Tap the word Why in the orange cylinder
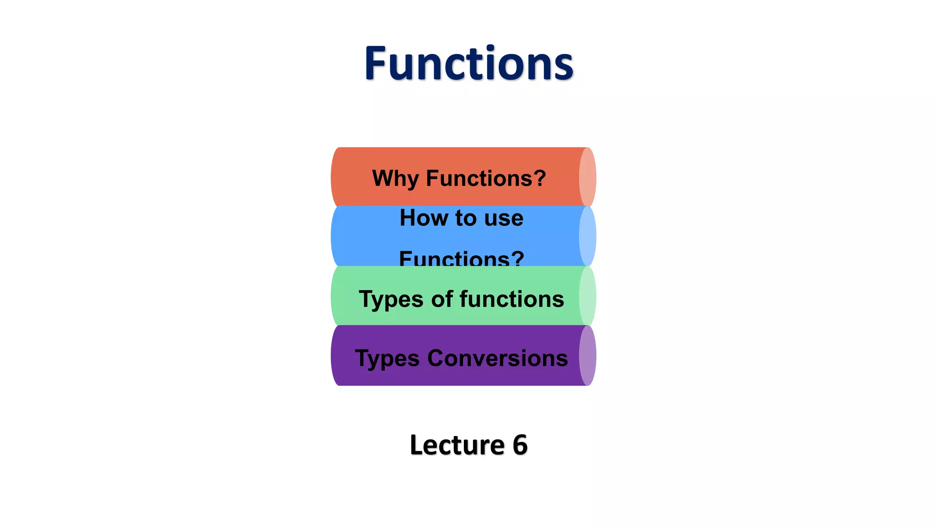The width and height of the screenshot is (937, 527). coord(395,178)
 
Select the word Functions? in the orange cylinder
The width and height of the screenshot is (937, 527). coord(486,178)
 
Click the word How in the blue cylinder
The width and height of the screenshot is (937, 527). coord(424,218)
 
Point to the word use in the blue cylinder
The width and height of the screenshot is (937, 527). coord(504,218)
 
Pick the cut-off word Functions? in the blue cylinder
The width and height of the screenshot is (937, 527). coord(461,258)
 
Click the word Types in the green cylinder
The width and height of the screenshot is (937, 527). coord(391,300)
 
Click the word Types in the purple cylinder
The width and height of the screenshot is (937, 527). coord(387,359)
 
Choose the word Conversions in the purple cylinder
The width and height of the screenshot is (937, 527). coord(497,358)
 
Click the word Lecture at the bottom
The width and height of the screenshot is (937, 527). coord(457,445)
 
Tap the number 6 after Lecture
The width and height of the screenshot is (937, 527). coord(520,445)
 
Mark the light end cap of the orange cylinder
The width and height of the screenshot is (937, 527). coord(587,177)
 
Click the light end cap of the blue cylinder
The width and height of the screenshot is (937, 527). coord(587,236)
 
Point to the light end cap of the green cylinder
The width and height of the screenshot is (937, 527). coord(587,296)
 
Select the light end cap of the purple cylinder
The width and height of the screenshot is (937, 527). coord(587,355)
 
